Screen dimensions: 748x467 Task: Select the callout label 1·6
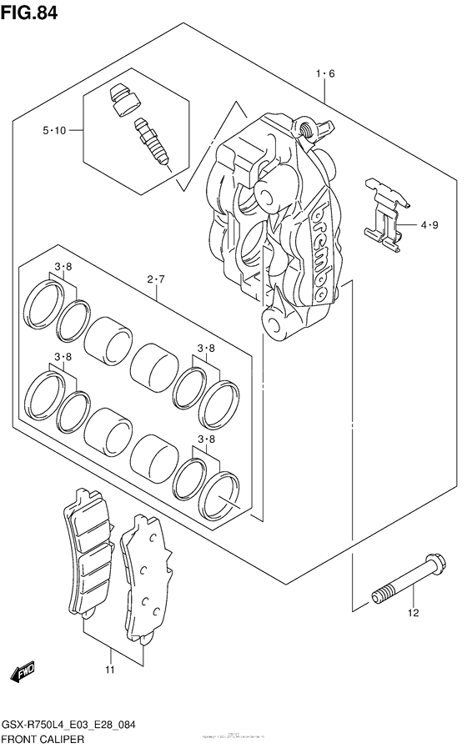pos(325,74)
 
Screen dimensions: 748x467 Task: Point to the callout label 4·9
pos(429,224)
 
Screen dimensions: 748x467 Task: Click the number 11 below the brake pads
pos(109,670)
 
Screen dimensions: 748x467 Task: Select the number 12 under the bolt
pos(412,615)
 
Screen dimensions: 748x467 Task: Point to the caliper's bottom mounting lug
pos(275,320)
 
